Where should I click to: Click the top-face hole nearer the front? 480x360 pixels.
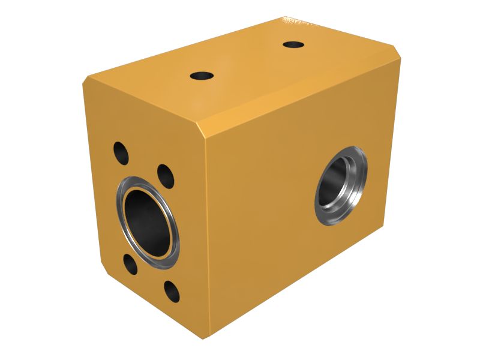click(x=202, y=76)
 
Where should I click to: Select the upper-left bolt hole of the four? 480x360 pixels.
click(x=121, y=152)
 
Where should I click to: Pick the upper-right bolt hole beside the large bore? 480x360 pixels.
click(x=166, y=176)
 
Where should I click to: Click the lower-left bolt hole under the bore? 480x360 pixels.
click(x=130, y=263)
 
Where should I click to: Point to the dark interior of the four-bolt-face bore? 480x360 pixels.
click(x=146, y=223)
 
